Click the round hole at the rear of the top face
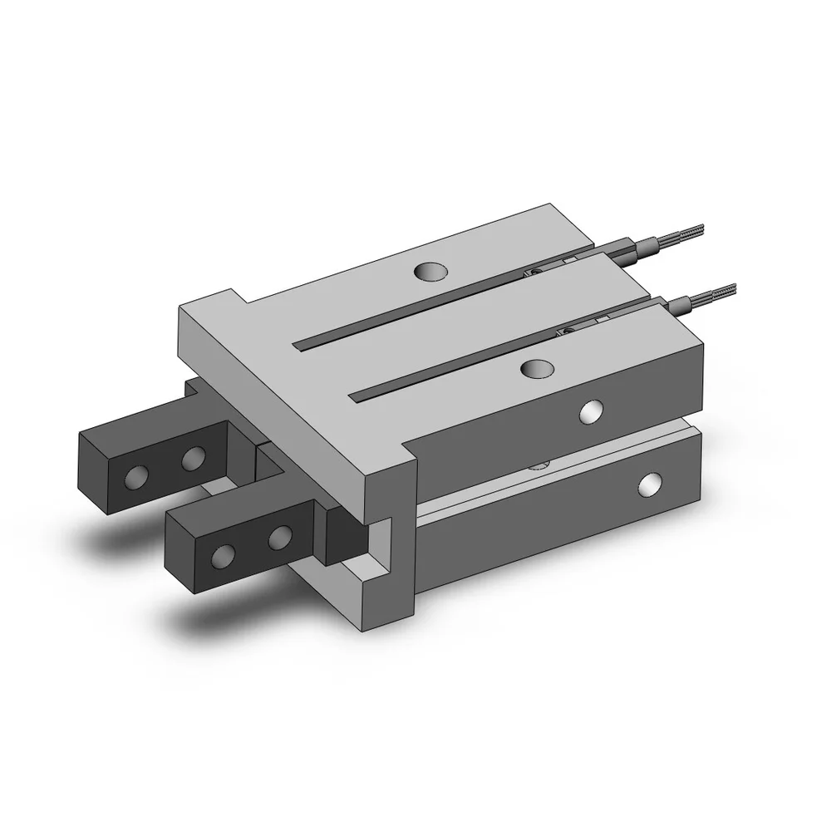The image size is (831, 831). coord(431,271)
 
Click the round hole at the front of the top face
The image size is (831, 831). coord(535,368)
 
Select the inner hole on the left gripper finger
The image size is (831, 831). coord(193,456)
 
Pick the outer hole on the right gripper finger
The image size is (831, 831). coord(223,557)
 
